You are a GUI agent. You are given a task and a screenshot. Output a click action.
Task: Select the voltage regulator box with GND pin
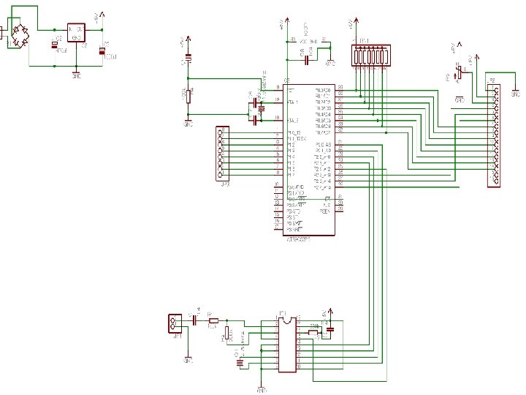pyautogui.click(x=76, y=33)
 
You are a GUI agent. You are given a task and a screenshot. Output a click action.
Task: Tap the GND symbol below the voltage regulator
pyautogui.click(x=77, y=74)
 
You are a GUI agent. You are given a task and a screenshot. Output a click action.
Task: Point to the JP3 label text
pyautogui.click(x=224, y=184)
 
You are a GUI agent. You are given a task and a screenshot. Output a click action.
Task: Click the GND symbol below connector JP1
pyautogui.click(x=187, y=360)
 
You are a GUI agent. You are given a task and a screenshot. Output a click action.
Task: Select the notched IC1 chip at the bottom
pyautogui.click(x=286, y=343)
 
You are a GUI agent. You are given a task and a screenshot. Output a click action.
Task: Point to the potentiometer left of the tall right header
pyautogui.click(x=459, y=72)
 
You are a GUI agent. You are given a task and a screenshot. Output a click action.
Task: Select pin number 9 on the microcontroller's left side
pyautogui.click(x=278, y=87)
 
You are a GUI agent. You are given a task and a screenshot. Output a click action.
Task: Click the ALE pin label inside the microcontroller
pyautogui.click(x=326, y=206)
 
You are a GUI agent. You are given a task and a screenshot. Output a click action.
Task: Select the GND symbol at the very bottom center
pyautogui.click(x=262, y=389)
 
